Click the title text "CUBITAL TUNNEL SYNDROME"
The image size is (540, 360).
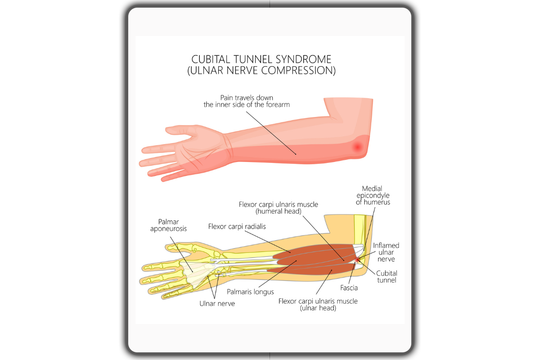click(261, 59)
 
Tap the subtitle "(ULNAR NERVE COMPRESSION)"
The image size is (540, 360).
click(261, 70)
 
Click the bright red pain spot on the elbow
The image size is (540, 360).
click(357, 147)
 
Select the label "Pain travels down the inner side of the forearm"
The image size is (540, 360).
click(247, 101)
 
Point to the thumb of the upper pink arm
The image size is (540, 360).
click(181, 130)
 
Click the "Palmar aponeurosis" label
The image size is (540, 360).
click(168, 225)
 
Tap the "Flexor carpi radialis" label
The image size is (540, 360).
click(237, 226)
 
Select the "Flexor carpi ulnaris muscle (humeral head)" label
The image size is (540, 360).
click(279, 208)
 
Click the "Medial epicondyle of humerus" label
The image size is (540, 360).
click(373, 195)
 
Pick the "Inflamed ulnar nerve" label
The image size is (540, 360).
click(386, 252)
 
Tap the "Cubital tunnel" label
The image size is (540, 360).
click(387, 277)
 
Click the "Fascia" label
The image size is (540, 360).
click(349, 288)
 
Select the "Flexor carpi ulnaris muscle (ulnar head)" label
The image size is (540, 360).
click(318, 305)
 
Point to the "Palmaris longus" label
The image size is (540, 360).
click(250, 292)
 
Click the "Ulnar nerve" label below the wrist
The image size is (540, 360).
click(217, 304)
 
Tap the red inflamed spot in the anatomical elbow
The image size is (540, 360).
click(357, 260)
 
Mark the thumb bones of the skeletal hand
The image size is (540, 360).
click(183, 247)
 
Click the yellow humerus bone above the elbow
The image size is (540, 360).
click(359, 229)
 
